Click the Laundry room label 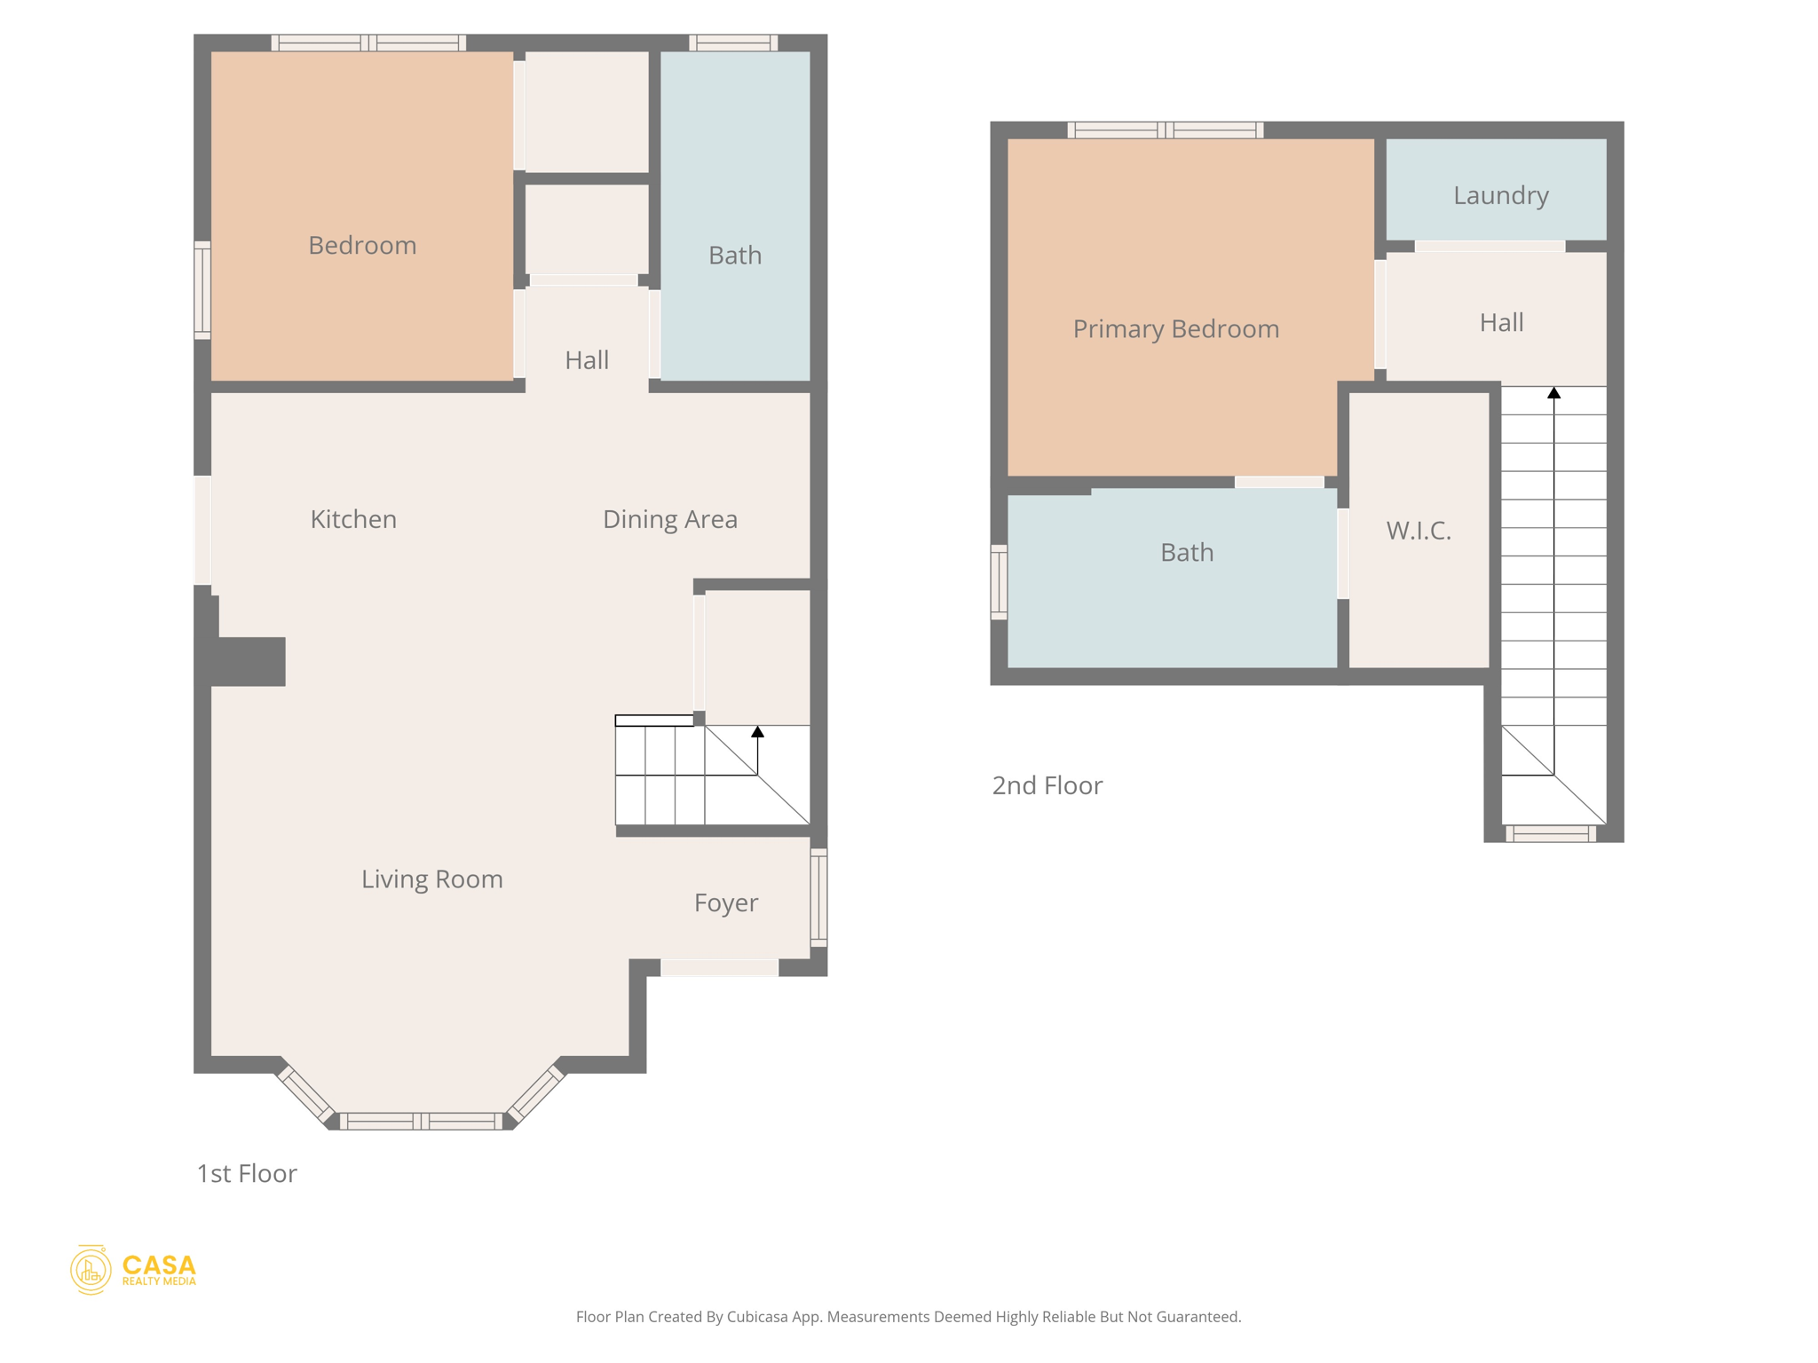[x=1500, y=195]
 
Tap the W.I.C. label [x=1419, y=531]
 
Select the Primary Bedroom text [x=1175, y=329]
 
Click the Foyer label [x=725, y=902]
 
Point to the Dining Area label [x=669, y=519]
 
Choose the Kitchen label [x=353, y=519]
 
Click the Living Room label [x=431, y=879]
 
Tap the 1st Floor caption [x=247, y=1173]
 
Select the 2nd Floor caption [x=1047, y=785]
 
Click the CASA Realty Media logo [x=133, y=1270]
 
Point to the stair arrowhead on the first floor [x=757, y=732]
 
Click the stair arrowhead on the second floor [x=1553, y=393]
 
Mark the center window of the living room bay [x=422, y=1122]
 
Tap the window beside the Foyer [x=818, y=897]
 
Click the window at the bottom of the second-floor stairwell [x=1551, y=833]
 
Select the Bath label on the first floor [x=734, y=256]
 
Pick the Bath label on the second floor [x=1186, y=553]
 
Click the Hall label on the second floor [x=1501, y=322]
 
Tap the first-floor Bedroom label [x=362, y=246]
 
